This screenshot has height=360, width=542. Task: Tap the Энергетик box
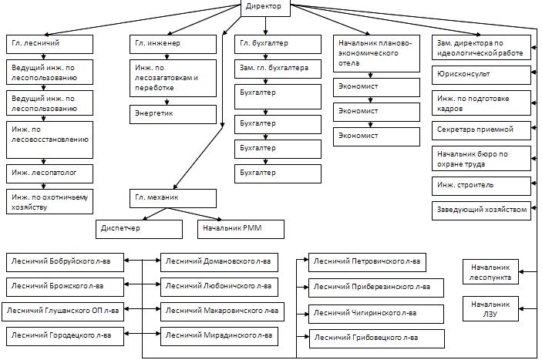172,114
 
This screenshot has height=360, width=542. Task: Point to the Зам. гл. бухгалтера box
278,69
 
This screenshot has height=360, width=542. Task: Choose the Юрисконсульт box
481,74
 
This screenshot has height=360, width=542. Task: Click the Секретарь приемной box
481,128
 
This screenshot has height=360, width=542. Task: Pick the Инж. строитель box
481,185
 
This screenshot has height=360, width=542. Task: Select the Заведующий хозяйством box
481,209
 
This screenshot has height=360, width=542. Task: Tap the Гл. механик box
172,198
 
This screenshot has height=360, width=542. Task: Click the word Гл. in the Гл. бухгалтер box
245,43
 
